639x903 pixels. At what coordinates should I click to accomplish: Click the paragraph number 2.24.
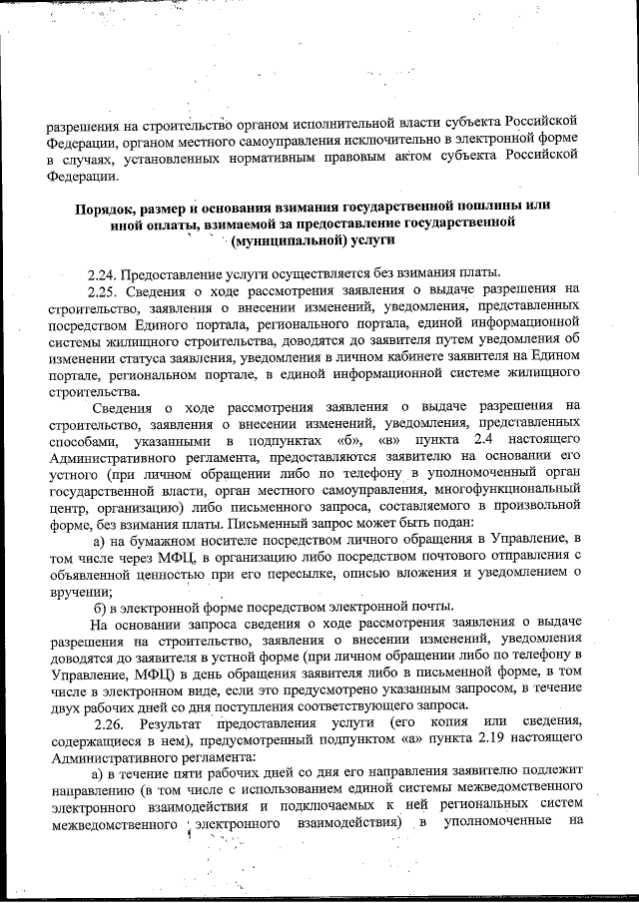104,275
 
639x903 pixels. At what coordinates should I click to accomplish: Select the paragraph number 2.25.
104,291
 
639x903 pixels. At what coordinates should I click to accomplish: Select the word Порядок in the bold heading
107,206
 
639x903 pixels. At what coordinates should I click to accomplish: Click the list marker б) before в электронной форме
100,608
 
